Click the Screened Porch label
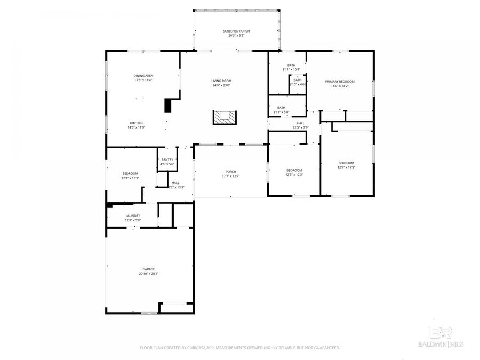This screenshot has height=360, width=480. tap(236, 31)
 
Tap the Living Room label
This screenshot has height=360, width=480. tap(221, 81)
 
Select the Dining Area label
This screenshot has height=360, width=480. tap(143, 76)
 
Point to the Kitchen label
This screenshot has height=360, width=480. tap(135, 123)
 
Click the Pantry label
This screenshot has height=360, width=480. tap(167, 159)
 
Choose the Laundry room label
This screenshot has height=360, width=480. tap(133, 215)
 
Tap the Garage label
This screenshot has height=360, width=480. tap(148, 269)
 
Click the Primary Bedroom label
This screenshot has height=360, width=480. tap(340, 81)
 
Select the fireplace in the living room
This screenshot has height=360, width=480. tap(225, 117)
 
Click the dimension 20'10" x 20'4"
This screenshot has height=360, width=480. tap(148, 274)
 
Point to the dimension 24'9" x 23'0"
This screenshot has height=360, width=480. tap(221, 85)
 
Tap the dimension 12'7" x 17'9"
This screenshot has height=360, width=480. tap(346, 167)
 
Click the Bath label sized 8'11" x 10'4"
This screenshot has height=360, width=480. tap(291, 65)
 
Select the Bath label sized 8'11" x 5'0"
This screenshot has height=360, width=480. tap(281, 107)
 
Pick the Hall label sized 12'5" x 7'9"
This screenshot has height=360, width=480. tap(301, 123)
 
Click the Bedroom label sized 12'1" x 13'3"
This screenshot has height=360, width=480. tap(130, 173)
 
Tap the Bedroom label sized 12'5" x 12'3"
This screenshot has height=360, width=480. tap(294, 170)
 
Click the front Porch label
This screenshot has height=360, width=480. tap(230, 171)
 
